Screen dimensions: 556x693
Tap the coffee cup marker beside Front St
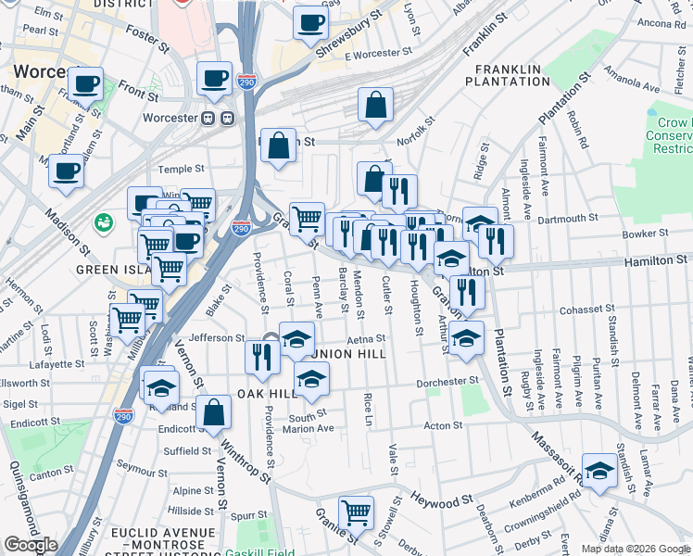coord(86,84)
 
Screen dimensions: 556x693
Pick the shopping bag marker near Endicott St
coord(213,413)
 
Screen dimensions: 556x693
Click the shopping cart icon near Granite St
coord(356,512)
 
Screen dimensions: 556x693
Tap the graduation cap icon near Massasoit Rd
coord(599,471)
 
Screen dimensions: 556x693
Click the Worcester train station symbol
coord(217,119)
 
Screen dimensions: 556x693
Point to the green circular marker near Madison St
coord(103,222)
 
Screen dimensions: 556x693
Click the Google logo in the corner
coord(31,546)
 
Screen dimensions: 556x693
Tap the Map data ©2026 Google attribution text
coord(636,549)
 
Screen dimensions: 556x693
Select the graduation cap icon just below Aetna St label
coord(311,378)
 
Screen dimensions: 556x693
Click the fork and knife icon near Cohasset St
coord(466,293)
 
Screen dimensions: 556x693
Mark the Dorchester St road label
coord(448,380)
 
